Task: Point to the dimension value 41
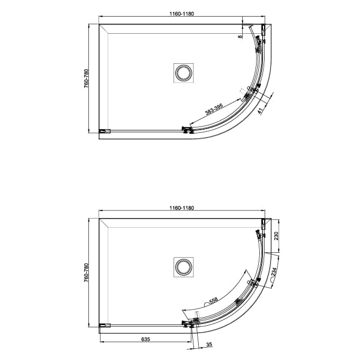pos(260,111)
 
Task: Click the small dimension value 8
pos(241,36)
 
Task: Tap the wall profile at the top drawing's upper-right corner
pos(263,29)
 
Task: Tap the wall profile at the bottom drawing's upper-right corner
pos(263,223)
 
